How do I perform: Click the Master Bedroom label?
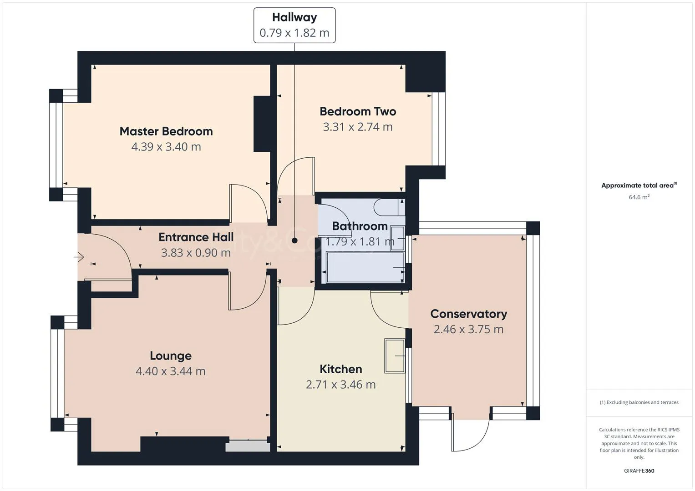(x=166, y=131)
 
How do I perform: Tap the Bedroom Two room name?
(x=358, y=111)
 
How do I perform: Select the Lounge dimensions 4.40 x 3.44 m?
(x=171, y=371)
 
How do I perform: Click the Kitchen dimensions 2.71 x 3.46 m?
(x=341, y=385)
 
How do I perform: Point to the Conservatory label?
(x=468, y=314)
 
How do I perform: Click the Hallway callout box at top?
(x=294, y=25)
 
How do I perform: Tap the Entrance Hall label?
(x=196, y=237)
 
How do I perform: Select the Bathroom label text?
(x=360, y=226)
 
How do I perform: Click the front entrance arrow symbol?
(x=79, y=257)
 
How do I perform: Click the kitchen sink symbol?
(x=395, y=356)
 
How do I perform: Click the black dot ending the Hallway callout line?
(x=294, y=240)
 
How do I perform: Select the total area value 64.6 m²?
(x=639, y=197)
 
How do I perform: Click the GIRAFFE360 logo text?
(x=639, y=471)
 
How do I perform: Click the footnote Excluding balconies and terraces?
(x=639, y=402)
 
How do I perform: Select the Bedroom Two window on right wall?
(x=438, y=129)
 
